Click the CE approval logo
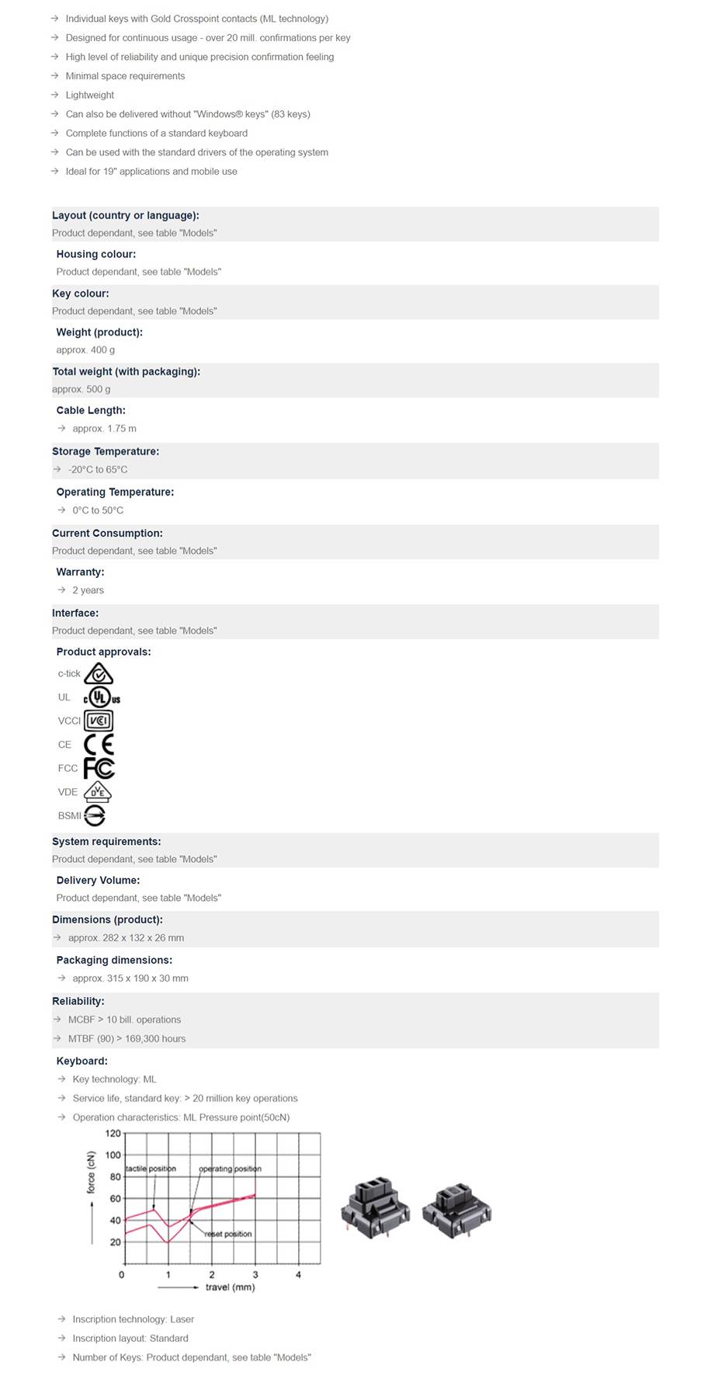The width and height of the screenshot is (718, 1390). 99,745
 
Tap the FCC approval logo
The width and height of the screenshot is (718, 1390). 99,768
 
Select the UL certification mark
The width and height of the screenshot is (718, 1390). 101,697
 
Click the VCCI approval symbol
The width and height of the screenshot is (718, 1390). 99,721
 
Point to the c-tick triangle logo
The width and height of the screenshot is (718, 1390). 99,673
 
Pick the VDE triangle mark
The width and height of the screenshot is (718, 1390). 98,792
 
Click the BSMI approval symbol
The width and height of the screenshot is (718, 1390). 95,815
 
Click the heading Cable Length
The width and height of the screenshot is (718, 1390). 91,410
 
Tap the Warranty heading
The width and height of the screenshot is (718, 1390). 80,572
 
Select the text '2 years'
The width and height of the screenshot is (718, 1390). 88,590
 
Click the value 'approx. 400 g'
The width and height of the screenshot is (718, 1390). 85,350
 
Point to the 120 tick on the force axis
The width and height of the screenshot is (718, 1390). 113,1134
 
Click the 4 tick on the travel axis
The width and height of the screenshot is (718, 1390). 298,1274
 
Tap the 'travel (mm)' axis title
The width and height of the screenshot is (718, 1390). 230,1287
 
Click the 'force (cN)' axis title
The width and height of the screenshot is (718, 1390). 91,1172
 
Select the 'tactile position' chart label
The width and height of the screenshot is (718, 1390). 151,1169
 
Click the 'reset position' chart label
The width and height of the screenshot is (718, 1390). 228,1233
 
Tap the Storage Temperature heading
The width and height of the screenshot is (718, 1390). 106,451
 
